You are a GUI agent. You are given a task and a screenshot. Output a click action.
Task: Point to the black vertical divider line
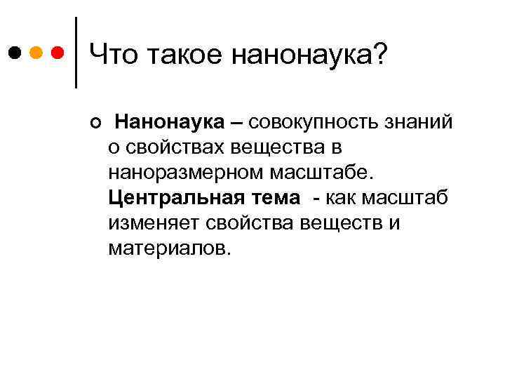[x=75, y=53]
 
